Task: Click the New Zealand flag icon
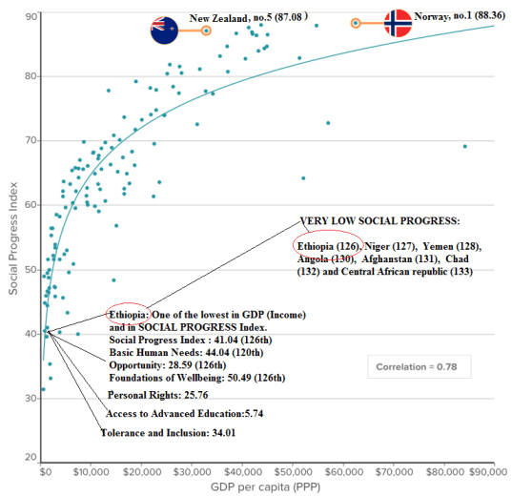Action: [164, 31]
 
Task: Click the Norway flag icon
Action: [398, 24]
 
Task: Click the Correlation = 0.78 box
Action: [419, 365]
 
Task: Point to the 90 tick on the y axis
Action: [31, 16]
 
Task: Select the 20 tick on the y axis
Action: [31, 459]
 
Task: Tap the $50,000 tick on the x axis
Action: [295, 471]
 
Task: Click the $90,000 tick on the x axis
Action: [492, 471]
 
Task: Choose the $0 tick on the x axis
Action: [44, 471]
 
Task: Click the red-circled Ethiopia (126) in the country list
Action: [329, 245]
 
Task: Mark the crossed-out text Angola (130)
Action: [326, 258]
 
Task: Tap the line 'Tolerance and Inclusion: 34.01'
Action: [168, 433]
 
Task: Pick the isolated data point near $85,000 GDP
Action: [464, 146]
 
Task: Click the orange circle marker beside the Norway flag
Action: [356, 23]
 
